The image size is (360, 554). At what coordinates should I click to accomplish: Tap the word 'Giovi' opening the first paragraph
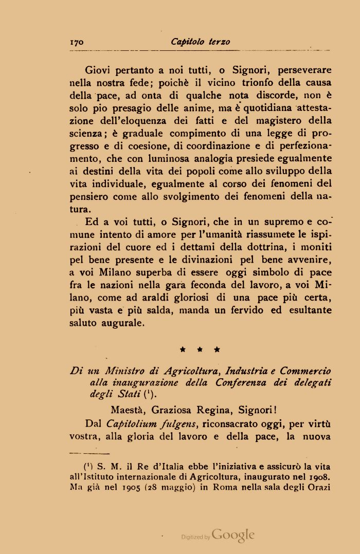[98, 69]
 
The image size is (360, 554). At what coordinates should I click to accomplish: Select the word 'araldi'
[173, 298]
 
